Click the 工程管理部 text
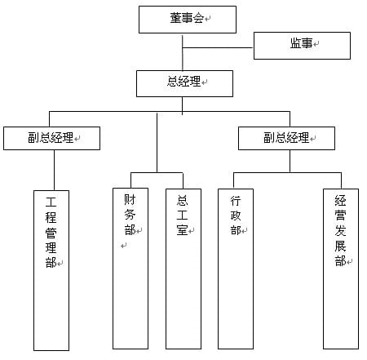(x=51, y=233)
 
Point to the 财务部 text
(x=130, y=215)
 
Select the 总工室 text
(x=182, y=216)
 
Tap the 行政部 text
(x=236, y=216)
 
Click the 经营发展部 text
(x=340, y=231)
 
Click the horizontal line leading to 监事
(x=218, y=48)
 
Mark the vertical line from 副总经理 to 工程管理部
(x=54, y=170)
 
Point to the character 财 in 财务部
(x=130, y=199)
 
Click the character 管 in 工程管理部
(x=51, y=233)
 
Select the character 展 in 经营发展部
(x=340, y=246)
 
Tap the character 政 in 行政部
(x=236, y=216)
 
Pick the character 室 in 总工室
(x=182, y=230)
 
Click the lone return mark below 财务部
(x=124, y=246)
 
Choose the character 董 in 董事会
(x=176, y=18)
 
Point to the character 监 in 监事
(x=295, y=43)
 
